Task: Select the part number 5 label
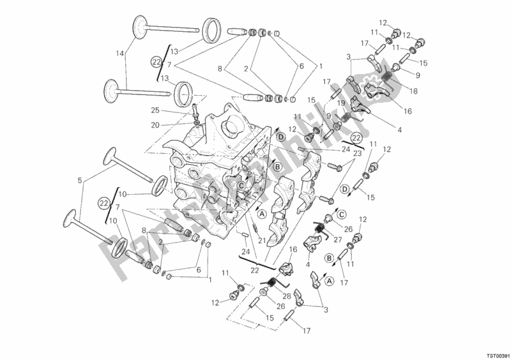point(79,181)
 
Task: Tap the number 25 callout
point(155,110)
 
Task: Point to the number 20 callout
point(155,125)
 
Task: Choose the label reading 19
point(341,102)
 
